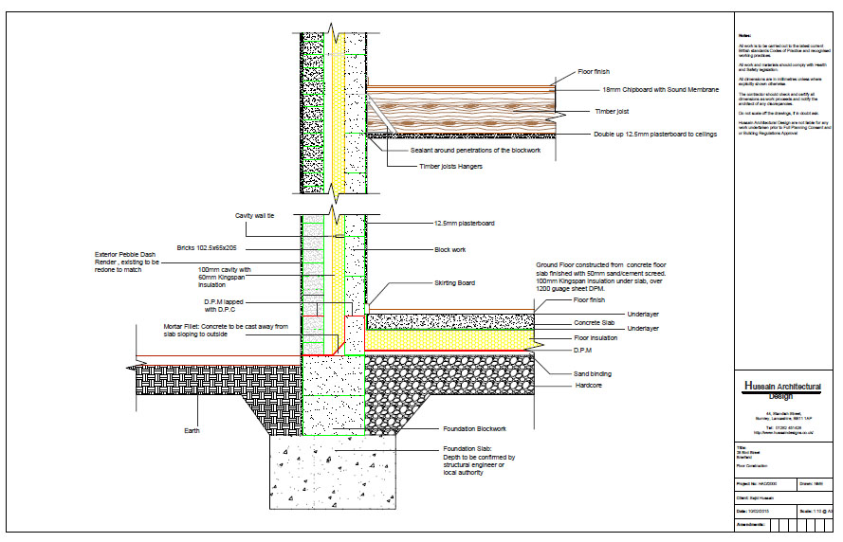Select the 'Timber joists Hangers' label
tap(450, 167)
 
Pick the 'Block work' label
tap(450, 250)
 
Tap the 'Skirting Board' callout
tap(456, 282)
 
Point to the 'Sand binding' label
tap(596, 374)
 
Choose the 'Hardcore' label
tap(591, 386)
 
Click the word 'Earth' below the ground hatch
tap(192, 431)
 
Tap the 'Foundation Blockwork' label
tap(474, 428)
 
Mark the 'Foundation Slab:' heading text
tap(465, 448)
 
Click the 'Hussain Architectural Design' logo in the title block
tap(782, 391)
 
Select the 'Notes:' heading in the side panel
tap(744, 36)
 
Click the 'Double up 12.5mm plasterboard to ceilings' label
tap(655, 135)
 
